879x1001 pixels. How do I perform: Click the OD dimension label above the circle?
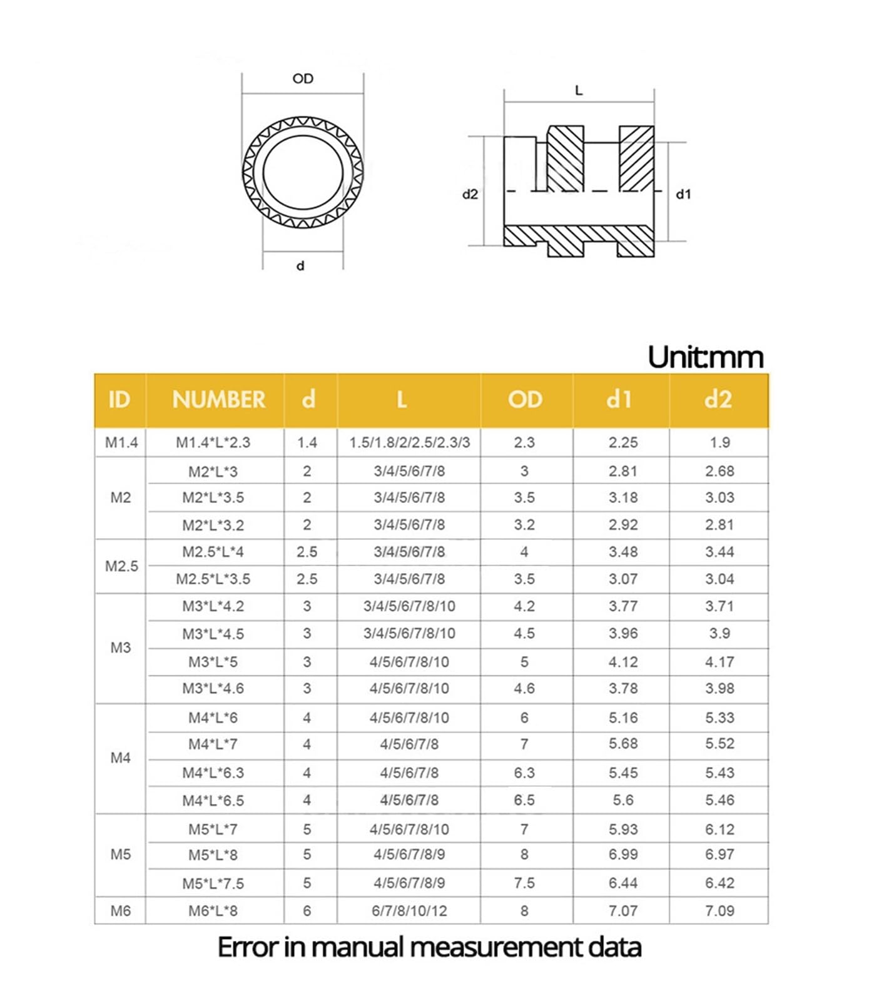tap(303, 79)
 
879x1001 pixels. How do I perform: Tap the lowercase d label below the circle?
tap(300, 266)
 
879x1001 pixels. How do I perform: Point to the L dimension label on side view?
tap(579, 91)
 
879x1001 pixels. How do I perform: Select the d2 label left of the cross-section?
tap(470, 195)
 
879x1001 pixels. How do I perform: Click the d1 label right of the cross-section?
tap(683, 195)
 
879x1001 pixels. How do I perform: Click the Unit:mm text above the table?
tap(705, 357)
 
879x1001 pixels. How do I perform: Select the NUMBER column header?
tap(218, 400)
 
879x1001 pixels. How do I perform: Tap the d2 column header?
tap(718, 400)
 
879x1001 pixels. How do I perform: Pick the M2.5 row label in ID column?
tap(121, 566)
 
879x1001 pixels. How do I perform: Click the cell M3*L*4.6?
tap(213, 688)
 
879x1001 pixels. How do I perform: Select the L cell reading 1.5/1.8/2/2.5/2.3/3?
tap(409, 442)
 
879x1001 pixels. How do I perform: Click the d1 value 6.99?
tap(623, 855)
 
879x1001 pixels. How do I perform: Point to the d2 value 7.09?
tap(719, 911)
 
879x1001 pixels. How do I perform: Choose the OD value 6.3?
tap(524, 773)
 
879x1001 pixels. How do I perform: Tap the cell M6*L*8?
tap(213, 911)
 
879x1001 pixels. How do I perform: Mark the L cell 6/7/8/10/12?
tap(409, 911)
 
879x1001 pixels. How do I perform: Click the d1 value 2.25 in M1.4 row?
tap(623, 442)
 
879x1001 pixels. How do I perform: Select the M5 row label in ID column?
tap(121, 855)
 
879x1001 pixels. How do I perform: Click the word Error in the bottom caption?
tap(247, 947)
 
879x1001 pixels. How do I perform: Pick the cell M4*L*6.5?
tap(213, 800)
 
